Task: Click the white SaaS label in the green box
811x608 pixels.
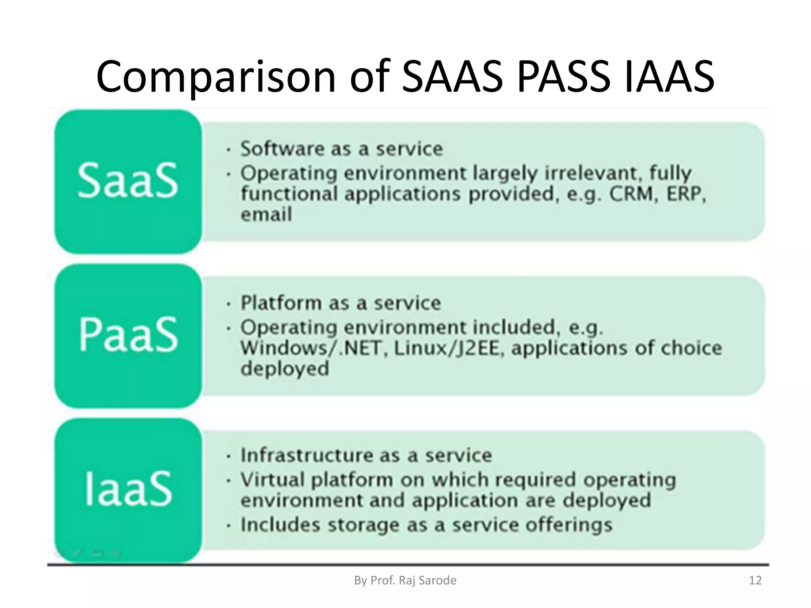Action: tap(128, 181)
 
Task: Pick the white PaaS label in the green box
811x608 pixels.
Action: tap(128, 335)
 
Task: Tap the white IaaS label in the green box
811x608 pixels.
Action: tap(128, 489)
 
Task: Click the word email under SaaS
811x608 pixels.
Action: tap(266, 215)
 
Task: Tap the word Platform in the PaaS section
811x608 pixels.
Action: tap(281, 303)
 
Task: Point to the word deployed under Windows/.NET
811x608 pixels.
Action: tap(285, 369)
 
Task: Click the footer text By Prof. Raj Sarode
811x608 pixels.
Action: tap(405, 580)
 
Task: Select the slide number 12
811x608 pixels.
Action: tap(755, 580)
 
